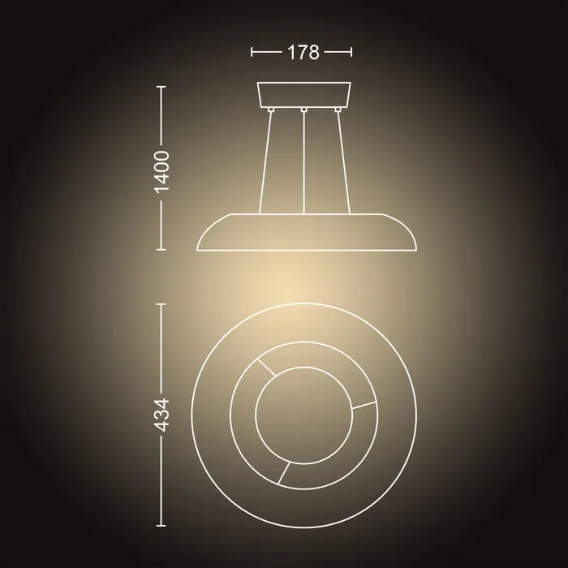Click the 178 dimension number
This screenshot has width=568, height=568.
303,53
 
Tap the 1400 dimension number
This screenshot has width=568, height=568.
162,170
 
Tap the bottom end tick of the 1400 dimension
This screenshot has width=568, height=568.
162,250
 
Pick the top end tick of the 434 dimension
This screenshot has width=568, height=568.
162,303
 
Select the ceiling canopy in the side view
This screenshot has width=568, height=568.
303,93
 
